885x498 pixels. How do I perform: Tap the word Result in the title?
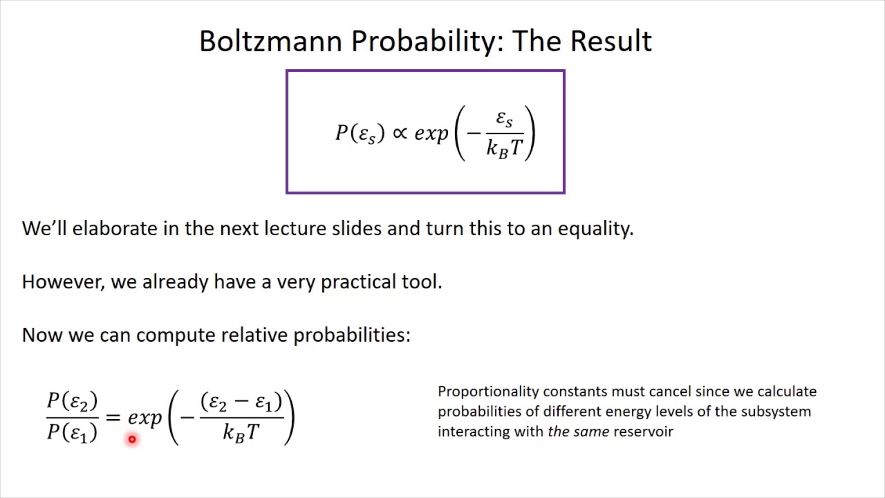(611, 41)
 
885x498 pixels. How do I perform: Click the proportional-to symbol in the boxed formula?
(400, 132)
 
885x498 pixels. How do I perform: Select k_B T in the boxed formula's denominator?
(505, 147)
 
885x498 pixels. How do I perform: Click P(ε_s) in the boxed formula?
(360, 133)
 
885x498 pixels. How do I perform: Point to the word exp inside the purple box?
(431, 133)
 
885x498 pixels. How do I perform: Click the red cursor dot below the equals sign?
(131, 439)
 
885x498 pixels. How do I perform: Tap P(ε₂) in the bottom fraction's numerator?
(72, 401)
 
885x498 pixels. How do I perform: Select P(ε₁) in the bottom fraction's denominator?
(72, 433)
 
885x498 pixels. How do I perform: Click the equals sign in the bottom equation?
(113, 417)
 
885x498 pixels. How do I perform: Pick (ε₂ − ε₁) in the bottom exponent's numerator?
(241, 402)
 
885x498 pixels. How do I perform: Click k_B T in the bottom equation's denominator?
(241, 433)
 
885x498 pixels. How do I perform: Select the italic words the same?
(578, 432)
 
